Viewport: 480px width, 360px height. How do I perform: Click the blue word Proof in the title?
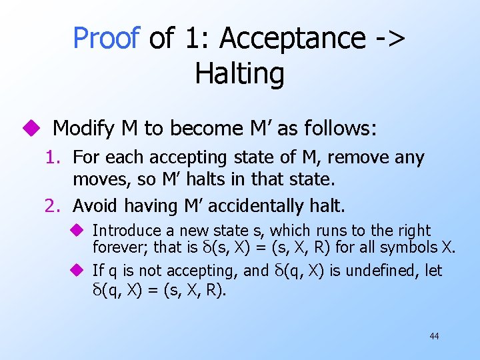[107, 38]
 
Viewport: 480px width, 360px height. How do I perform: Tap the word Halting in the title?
[240, 73]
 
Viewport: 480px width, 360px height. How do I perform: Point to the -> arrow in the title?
[391, 38]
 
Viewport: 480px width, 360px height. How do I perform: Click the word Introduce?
[127, 231]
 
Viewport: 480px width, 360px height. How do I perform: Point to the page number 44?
[434, 336]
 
